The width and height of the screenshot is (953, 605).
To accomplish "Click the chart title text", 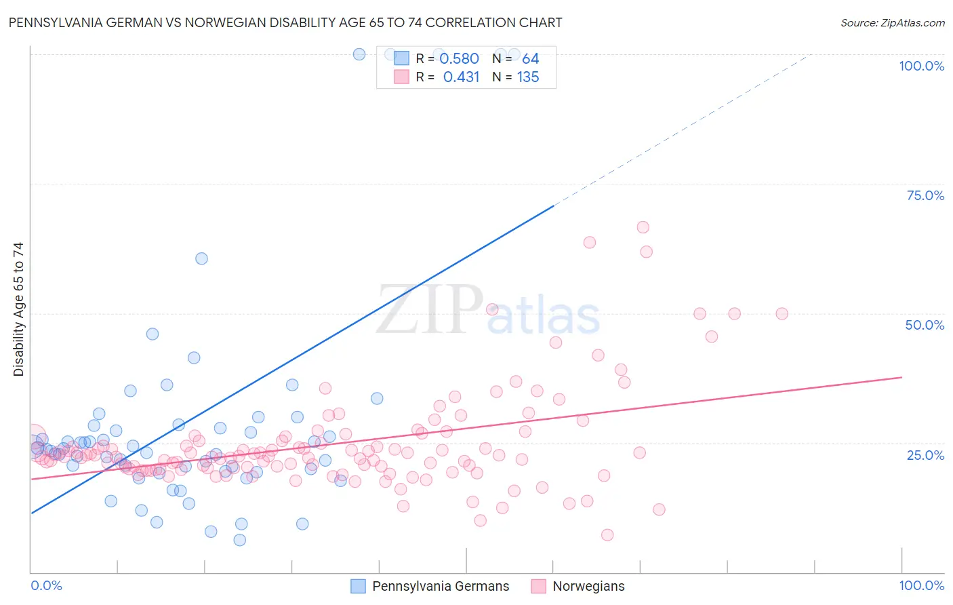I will [285, 22].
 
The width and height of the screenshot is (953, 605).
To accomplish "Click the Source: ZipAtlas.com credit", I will [892, 22].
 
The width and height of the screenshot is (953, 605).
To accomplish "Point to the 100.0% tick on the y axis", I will [921, 66].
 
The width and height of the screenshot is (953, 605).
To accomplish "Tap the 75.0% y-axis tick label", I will [925, 195].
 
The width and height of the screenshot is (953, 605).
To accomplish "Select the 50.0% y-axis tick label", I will [925, 325].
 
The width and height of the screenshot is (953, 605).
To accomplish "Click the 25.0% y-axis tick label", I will [925, 454].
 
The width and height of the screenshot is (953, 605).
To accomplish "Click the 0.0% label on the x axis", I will [46, 585].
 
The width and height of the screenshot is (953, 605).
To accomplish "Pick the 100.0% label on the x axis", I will [921, 585].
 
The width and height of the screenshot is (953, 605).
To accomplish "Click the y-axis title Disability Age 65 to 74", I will [18, 309].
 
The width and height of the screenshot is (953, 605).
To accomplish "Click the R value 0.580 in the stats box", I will [459, 59].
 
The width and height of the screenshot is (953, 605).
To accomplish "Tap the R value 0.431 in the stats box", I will [461, 77].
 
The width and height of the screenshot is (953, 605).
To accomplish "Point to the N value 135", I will [528, 77].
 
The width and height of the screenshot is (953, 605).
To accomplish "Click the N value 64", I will [530, 59].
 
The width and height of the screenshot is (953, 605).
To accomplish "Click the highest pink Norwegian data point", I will [643, 227].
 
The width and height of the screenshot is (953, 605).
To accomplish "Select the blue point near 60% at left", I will [201, 258].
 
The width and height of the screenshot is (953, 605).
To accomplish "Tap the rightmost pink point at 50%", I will [782, 313].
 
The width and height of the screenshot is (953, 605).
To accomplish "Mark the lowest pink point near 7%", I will [607, 535].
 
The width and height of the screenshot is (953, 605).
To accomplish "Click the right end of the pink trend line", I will [901, 377].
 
